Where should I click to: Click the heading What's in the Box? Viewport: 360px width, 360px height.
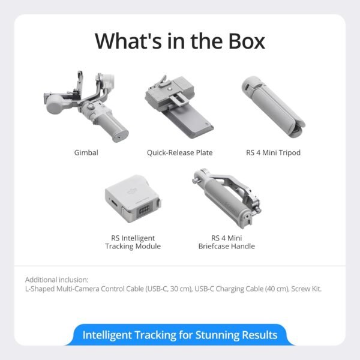coord(180,41)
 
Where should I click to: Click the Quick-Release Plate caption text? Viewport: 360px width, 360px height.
coord(179,153)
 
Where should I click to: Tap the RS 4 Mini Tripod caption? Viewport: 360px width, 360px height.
coord(273,153)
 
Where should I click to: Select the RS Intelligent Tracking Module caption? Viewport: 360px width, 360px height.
coord(133,242)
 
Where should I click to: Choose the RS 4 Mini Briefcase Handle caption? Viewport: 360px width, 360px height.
coord(224,242)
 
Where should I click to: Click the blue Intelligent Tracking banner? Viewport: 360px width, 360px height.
coord(180,334)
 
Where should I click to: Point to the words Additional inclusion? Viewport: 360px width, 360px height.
coord(56,280)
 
